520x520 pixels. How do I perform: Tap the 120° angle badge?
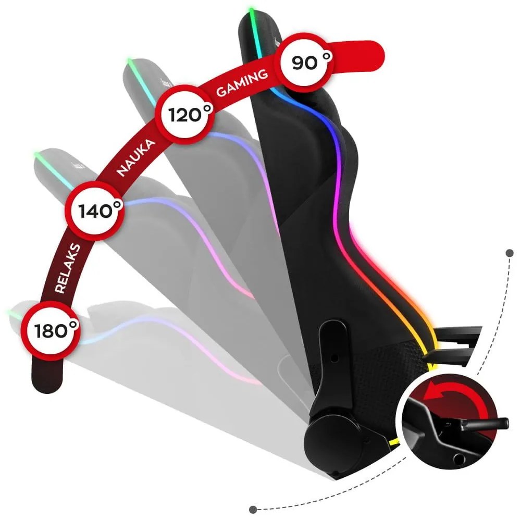tap(185, 115)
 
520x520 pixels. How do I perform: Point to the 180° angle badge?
tap(51, 330)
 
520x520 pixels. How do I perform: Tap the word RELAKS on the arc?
tap(66, 268)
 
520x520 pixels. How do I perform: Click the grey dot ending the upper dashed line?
tap(509, 253)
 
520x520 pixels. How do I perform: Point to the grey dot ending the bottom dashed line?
tap(254, 509)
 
